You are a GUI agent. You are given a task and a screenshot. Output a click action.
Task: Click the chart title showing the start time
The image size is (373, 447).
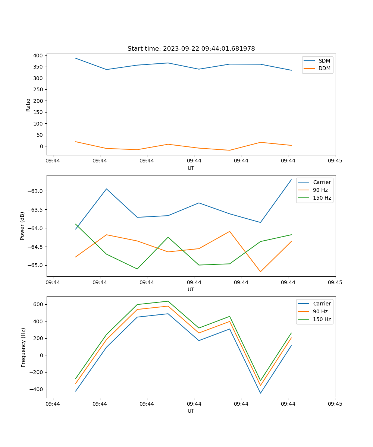tap(191, 49)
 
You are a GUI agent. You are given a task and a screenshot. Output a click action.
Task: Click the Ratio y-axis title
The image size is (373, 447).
tap(28, 105)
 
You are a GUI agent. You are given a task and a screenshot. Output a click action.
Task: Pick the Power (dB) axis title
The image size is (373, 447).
tap(22, 226)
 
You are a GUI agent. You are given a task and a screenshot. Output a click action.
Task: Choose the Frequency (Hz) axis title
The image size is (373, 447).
tap(23, 347)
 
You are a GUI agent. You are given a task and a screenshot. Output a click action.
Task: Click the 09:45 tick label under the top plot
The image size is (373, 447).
tap(335, 161)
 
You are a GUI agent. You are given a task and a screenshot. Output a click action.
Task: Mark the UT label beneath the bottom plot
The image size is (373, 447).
tap(191, 411)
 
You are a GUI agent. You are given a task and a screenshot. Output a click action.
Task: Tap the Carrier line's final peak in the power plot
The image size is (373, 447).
tap(291, 180)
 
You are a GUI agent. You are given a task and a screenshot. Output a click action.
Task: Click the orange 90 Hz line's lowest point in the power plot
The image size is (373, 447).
tap(260, 272)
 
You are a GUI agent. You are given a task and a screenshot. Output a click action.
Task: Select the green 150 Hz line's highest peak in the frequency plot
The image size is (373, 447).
tap(168, 301)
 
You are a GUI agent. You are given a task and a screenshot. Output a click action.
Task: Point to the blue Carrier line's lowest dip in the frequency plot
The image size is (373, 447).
tap(260, 393)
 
